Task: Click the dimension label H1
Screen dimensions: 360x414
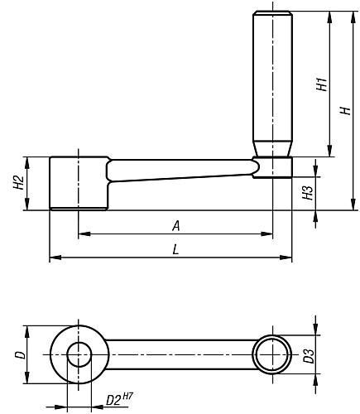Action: pos(322,84)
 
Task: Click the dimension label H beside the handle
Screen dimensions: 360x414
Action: pos(345,111)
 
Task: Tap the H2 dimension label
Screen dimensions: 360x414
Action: pos(18,182)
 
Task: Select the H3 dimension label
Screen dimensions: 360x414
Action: pos(308,192)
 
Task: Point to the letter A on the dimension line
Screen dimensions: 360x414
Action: pos(176,226)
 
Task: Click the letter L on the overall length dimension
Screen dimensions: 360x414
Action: pos(175,250)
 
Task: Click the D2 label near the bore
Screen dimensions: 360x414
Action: pos(113,401)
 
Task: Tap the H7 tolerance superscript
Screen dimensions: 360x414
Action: pos(127,396)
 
